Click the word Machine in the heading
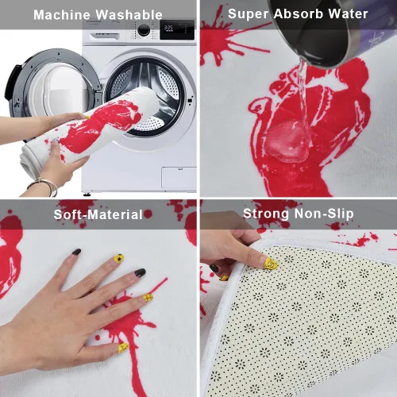click(62, 15)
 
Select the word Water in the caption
click(348, 13)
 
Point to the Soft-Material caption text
click(98, 214)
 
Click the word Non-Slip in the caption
click(324, 214)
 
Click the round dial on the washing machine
click(144, 29)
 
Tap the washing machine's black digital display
click(177, 29)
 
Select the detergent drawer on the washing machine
click(105, 36)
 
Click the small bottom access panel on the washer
click(179, 178)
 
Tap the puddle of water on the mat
click(287, 141)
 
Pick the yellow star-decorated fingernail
click(119, 258)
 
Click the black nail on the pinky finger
click(76, 252)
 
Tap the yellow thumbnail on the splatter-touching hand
click(123, 348)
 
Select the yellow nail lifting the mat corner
click(271, 264)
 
